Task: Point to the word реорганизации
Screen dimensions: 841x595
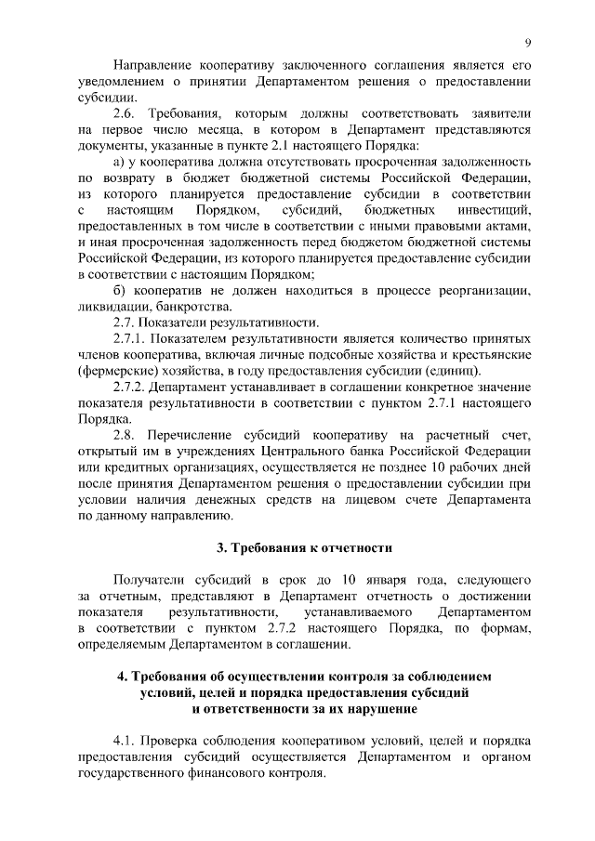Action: [x=488, y=291]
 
